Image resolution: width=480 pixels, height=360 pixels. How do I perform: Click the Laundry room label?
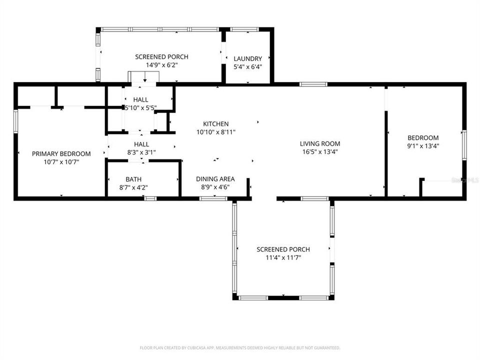[247, 58]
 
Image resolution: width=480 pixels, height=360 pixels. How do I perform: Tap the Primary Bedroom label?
[61, 153]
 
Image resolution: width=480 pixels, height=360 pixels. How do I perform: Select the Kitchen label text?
[215, 124]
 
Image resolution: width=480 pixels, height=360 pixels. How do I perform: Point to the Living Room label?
[320, 143]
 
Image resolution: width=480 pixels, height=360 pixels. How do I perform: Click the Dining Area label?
[215, 179]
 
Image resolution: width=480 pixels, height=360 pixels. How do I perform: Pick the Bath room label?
[133, 179]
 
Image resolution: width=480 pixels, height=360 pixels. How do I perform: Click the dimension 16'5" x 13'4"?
[320, 151]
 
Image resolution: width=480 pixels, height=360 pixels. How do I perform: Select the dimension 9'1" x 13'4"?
[423, 146]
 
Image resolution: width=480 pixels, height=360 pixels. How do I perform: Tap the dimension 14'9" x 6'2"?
[161, 65]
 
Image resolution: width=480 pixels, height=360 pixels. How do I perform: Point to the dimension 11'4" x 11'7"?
[283, 257]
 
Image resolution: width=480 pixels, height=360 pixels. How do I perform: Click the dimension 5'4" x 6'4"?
[247, 66]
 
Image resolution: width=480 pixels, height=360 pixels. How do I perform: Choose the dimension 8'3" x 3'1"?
[140, 151]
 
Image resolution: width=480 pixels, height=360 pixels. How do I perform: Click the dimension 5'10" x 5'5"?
[140, 107]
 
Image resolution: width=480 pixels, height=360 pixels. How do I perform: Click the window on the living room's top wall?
[313, 84]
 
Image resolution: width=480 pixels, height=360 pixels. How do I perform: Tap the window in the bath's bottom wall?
[149, 198]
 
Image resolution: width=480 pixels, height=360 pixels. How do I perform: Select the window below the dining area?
[213, 198]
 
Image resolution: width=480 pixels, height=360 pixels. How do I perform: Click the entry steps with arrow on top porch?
[144, 77]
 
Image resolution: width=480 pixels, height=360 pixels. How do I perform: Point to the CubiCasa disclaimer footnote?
[240, 347]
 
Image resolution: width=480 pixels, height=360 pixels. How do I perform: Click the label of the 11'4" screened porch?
[283, 249]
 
